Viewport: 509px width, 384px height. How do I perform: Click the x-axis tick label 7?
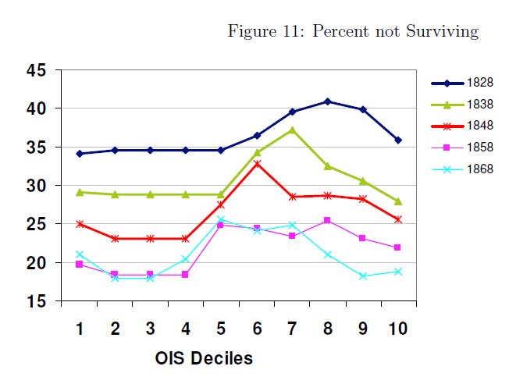pyautogui.click(x=291, y=329)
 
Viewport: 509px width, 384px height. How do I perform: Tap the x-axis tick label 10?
pyautogui.click(x=397, y=329)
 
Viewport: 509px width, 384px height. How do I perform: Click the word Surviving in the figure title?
pyautogui.click(x=443, y=32)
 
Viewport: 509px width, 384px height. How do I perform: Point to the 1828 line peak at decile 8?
pyautogui.click(x=327, y=101)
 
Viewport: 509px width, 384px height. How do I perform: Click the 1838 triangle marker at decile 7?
pyautogui.click(x=291, y=130)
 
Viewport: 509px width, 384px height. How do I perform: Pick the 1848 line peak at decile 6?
pyautogui.click(x=256, y=164)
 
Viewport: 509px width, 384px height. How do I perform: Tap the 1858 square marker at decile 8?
pyautogui.click(x=327, y=220)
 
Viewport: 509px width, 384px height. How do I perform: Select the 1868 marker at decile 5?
pyautogui.click(x=221, y=219)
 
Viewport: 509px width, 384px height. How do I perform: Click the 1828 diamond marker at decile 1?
pyautogui.click(x=79, y=154)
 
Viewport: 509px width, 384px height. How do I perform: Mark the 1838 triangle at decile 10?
pyautogui.click(x=397, y=201)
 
